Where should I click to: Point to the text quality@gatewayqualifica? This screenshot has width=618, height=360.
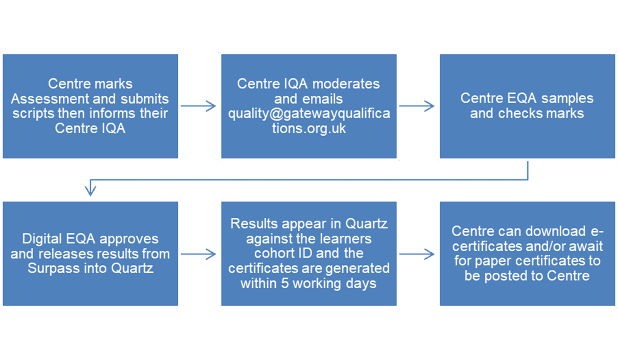coord(309,114)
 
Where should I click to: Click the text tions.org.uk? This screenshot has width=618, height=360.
coord(309,129)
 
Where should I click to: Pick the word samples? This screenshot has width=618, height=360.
coord(569,98)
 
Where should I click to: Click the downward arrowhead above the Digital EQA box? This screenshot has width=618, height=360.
coord(90,190)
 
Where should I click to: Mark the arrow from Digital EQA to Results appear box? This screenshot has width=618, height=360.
coord(199,255)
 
